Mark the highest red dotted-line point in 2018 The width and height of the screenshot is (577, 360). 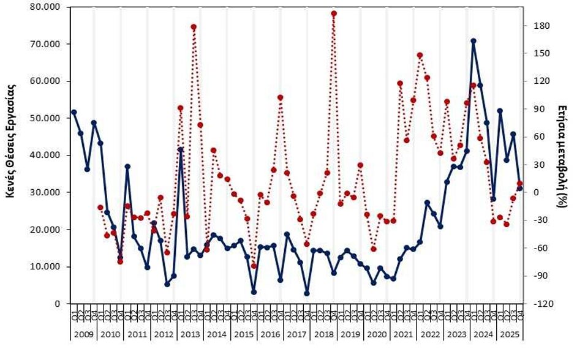point(334,13)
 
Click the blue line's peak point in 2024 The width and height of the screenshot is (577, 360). point(473,41)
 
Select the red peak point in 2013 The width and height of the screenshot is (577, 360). point(194,27)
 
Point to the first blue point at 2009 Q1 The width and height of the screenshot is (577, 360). point(74,112)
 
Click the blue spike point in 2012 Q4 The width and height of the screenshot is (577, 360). point(180,149)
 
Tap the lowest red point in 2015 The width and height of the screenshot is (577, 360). point(254,266)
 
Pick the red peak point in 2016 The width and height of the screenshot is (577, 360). point(280,97)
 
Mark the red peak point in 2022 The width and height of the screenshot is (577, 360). point(420,55)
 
